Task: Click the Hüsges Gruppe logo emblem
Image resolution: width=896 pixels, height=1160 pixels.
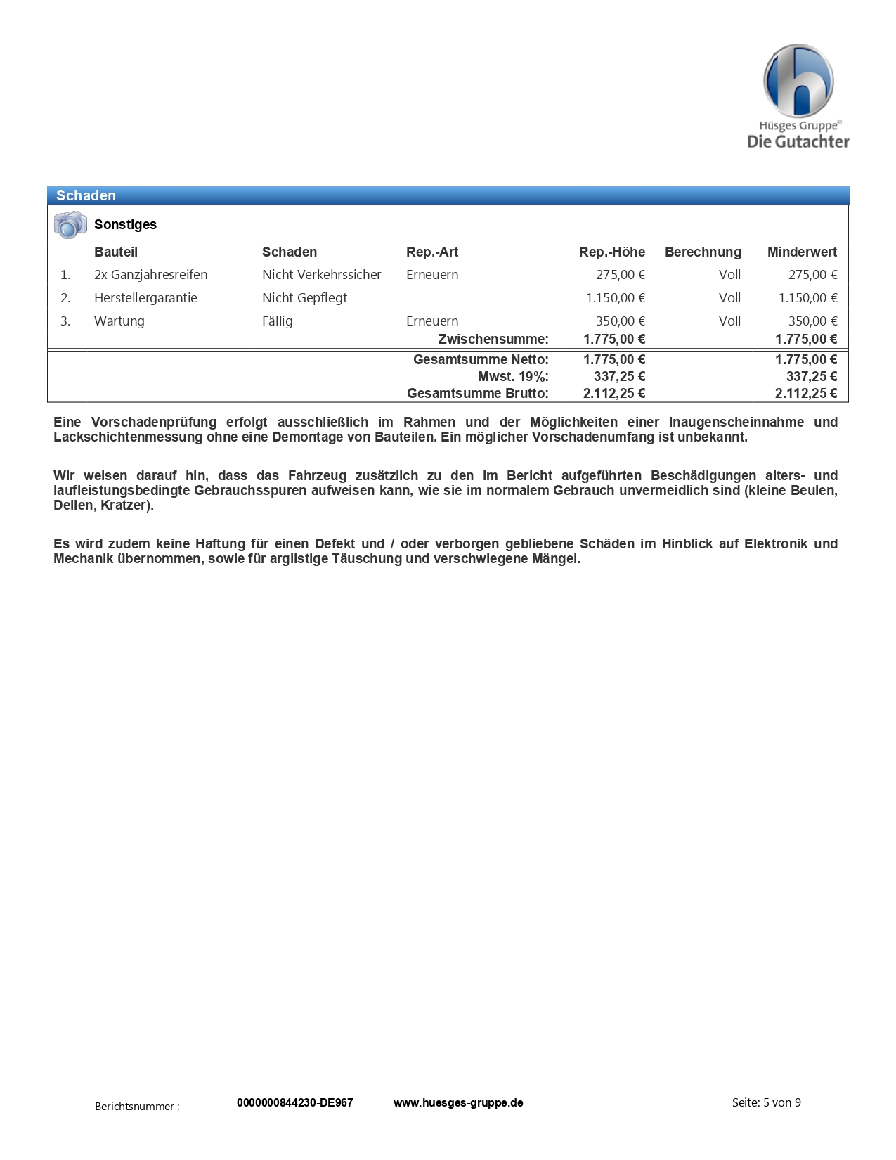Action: (798, 81)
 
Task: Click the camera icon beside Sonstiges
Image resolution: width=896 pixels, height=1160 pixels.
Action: (70, 225)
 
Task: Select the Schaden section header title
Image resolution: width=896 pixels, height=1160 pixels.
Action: (86, 195)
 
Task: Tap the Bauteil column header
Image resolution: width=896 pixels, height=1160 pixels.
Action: (116, 252)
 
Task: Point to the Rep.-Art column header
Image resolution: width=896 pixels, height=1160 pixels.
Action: (432, 252)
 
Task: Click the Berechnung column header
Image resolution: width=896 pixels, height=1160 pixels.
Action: (703, 252)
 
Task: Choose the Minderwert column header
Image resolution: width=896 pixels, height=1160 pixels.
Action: (802, 252)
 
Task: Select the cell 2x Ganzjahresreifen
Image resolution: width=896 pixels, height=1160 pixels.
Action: (151, 275)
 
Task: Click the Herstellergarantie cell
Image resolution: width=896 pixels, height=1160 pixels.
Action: (145, 298)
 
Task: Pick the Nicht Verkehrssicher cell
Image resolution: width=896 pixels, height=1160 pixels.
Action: (322, 275)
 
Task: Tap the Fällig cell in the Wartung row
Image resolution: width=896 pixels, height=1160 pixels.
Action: (278, 321)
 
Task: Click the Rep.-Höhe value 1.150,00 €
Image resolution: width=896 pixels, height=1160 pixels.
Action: (615, 298)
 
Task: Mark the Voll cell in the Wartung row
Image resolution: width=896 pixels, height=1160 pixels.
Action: (729, 321)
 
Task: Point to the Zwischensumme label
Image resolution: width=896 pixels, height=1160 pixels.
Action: (493, 339)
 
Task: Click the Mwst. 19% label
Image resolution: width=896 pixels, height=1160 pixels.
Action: (513, 376)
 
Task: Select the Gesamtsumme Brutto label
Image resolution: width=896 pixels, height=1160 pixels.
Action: (478, 393)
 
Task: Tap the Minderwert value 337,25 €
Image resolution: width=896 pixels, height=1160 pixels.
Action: (811, 376)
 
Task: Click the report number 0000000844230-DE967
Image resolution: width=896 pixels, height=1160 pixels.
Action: (295, 1102)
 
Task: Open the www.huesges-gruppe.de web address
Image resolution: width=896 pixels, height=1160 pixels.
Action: (458, 1102)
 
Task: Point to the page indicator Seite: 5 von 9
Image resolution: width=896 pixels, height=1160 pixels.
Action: (766, 1102)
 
